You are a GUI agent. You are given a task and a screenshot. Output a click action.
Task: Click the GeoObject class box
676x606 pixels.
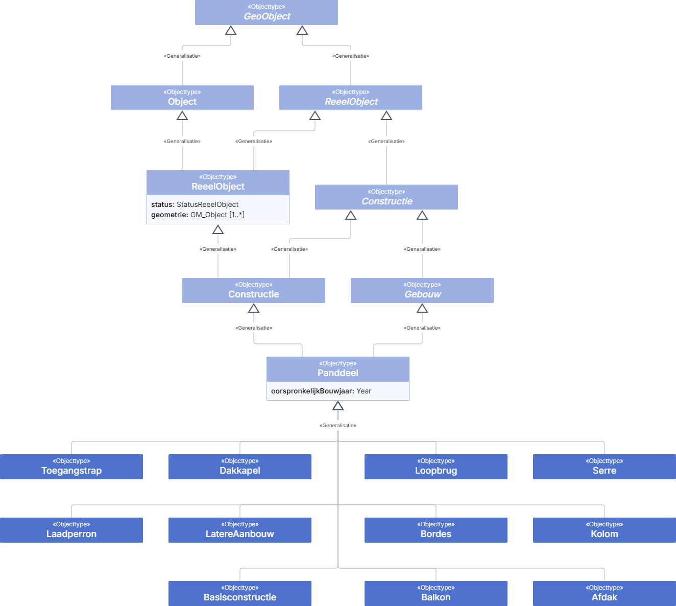tap(266, 12)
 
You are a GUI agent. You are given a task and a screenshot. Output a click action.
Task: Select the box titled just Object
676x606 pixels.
tap(182, 98)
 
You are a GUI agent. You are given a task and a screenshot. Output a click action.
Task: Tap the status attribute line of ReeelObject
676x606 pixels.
tap(195, 204)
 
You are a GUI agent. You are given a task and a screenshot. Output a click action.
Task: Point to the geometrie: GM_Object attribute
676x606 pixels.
tap(198, 215)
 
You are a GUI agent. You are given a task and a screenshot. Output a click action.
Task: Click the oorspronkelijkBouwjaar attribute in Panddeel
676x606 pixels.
tap(321, 391)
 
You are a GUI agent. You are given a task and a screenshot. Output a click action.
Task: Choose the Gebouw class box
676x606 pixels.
tap(422, 290)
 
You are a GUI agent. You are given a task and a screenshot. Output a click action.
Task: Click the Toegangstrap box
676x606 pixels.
tap(71, 467)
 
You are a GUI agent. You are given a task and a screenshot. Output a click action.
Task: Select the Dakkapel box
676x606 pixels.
tap(240, 467)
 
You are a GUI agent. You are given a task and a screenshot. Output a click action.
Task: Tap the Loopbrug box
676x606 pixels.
tap(436, 467)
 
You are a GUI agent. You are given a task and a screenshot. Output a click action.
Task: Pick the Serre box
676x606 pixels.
tap(604, 467)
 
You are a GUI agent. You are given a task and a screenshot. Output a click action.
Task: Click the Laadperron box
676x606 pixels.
tap(71, 530)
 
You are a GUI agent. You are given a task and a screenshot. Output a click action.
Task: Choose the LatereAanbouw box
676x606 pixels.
tap(240, 530)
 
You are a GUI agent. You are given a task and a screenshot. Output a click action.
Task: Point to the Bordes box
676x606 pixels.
tap(436, 530)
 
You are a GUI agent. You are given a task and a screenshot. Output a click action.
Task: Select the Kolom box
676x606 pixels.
tap(604, 530)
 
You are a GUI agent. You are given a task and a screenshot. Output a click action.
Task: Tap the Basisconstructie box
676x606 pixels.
tap(240, 594)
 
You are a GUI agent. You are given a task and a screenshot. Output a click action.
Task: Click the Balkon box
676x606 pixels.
tap(436, 594)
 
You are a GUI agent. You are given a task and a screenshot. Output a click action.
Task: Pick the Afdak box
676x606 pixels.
tap(604, 594)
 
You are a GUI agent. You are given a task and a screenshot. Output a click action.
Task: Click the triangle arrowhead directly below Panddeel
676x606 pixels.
tap(338, 406)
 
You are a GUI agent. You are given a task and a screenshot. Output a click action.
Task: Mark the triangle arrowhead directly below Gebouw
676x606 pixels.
tap(422, 309)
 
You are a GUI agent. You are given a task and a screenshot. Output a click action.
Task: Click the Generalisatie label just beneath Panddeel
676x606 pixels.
tap(338, 425)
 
